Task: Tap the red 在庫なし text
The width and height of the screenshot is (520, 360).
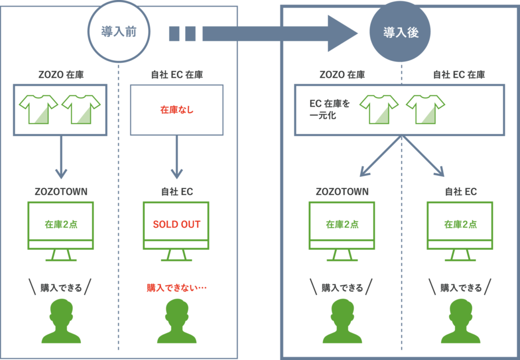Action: [176, 109]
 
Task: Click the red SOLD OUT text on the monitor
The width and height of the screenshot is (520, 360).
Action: [176, 224]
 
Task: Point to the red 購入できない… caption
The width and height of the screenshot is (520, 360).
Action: [177, 288]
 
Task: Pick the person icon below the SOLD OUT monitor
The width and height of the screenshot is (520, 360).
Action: [176, 321]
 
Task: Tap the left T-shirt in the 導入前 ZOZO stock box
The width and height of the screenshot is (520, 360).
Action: [38, 109]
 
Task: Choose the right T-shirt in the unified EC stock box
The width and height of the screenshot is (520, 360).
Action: [426, 109]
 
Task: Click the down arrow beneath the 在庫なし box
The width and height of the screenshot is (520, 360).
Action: [176, 157]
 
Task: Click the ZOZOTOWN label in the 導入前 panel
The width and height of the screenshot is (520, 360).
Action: [61, 192]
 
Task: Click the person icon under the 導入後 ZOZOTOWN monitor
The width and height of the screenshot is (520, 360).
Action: [342, 321]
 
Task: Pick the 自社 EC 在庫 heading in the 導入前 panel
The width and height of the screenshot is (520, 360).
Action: [176, 75]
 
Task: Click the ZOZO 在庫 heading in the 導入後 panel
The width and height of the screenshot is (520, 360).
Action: [342, 75]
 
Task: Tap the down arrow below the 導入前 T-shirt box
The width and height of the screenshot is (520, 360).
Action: [61, 157]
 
